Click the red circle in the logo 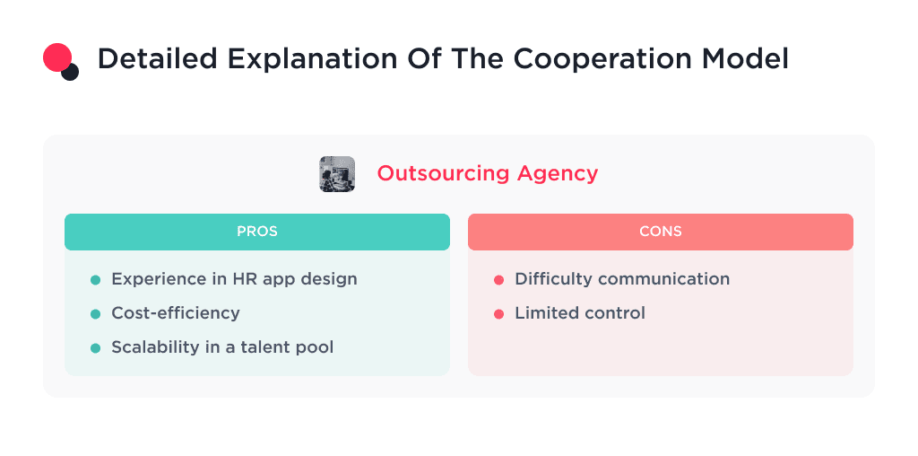tap(56, 57)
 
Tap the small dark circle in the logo tap(70, 72)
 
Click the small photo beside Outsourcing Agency tap(337, 174)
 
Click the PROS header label tap(256, 232)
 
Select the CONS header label tap(660, 232)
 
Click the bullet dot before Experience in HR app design tap(95, 280)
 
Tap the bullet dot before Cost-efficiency tap(95, 314)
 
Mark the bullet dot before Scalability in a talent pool tap(95, 348)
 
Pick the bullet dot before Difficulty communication tap(498, 280)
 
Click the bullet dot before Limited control tap(498, 314)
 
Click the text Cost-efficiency tap(176, 313)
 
